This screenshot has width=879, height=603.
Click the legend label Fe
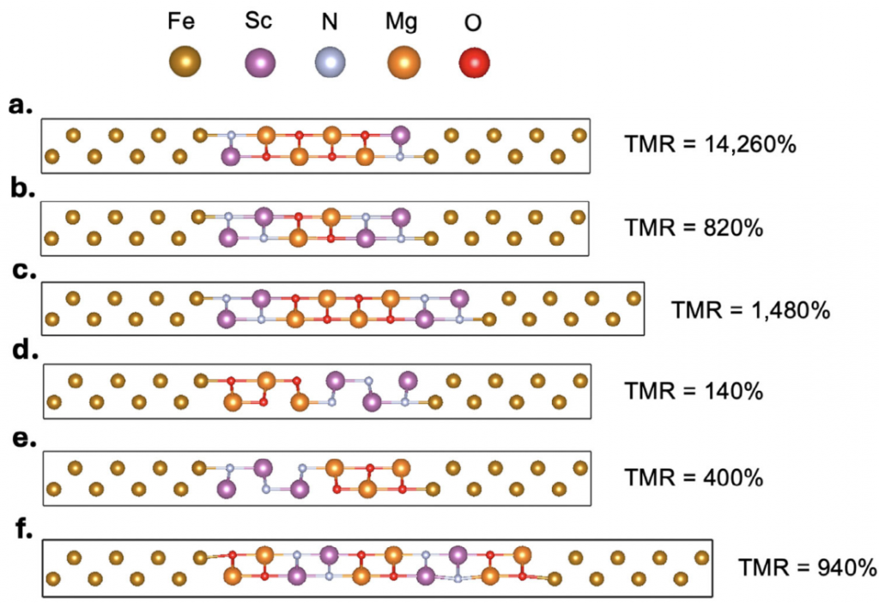[185, 21]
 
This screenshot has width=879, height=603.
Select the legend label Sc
[258, 21]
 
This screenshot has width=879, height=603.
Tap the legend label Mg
[402, 21]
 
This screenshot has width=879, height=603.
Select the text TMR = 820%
[694, 228]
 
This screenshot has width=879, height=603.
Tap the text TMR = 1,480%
[749, 309]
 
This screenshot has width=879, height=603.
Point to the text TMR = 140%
[694, 392]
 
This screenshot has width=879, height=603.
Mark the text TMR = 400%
[694, 477]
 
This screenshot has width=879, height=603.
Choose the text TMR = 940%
[808, 567]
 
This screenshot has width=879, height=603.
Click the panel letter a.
[20, 106]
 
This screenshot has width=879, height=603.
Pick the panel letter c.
[20, 272]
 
